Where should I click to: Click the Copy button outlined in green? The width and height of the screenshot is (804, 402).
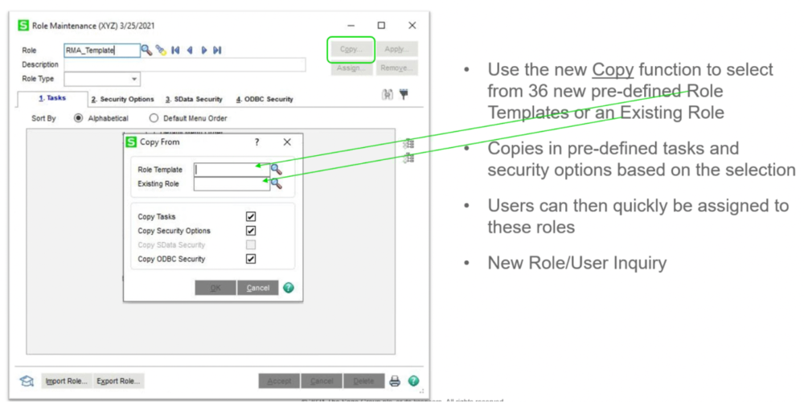[351, 50]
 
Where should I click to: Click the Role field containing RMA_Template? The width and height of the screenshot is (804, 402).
[100, 50]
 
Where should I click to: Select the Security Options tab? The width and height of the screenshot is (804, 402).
[122, 100]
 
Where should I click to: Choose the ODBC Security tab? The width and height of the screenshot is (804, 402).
[265, 100]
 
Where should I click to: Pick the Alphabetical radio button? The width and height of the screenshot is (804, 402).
[79, 118]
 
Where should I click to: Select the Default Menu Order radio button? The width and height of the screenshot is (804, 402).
[154, 118]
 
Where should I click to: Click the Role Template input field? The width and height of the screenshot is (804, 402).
[232, 170]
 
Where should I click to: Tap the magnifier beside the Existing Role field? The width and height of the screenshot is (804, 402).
[276, 184]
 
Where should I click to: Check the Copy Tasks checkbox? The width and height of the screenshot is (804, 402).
[251, 217]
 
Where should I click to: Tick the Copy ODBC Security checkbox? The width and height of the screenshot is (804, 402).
[251, 259]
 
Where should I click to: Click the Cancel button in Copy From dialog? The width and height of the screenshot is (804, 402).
[257, 288]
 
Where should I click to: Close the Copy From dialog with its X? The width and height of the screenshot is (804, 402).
[287, 142]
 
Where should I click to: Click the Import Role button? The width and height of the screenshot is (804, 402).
[66, 381]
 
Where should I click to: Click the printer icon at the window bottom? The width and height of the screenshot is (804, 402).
[395, 381]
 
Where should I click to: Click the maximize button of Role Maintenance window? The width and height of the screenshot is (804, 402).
[381, 26]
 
